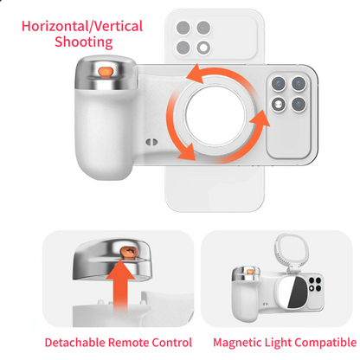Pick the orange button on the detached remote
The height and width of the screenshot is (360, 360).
tap(129, 252)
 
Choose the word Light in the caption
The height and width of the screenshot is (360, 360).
tap(281, 343)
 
